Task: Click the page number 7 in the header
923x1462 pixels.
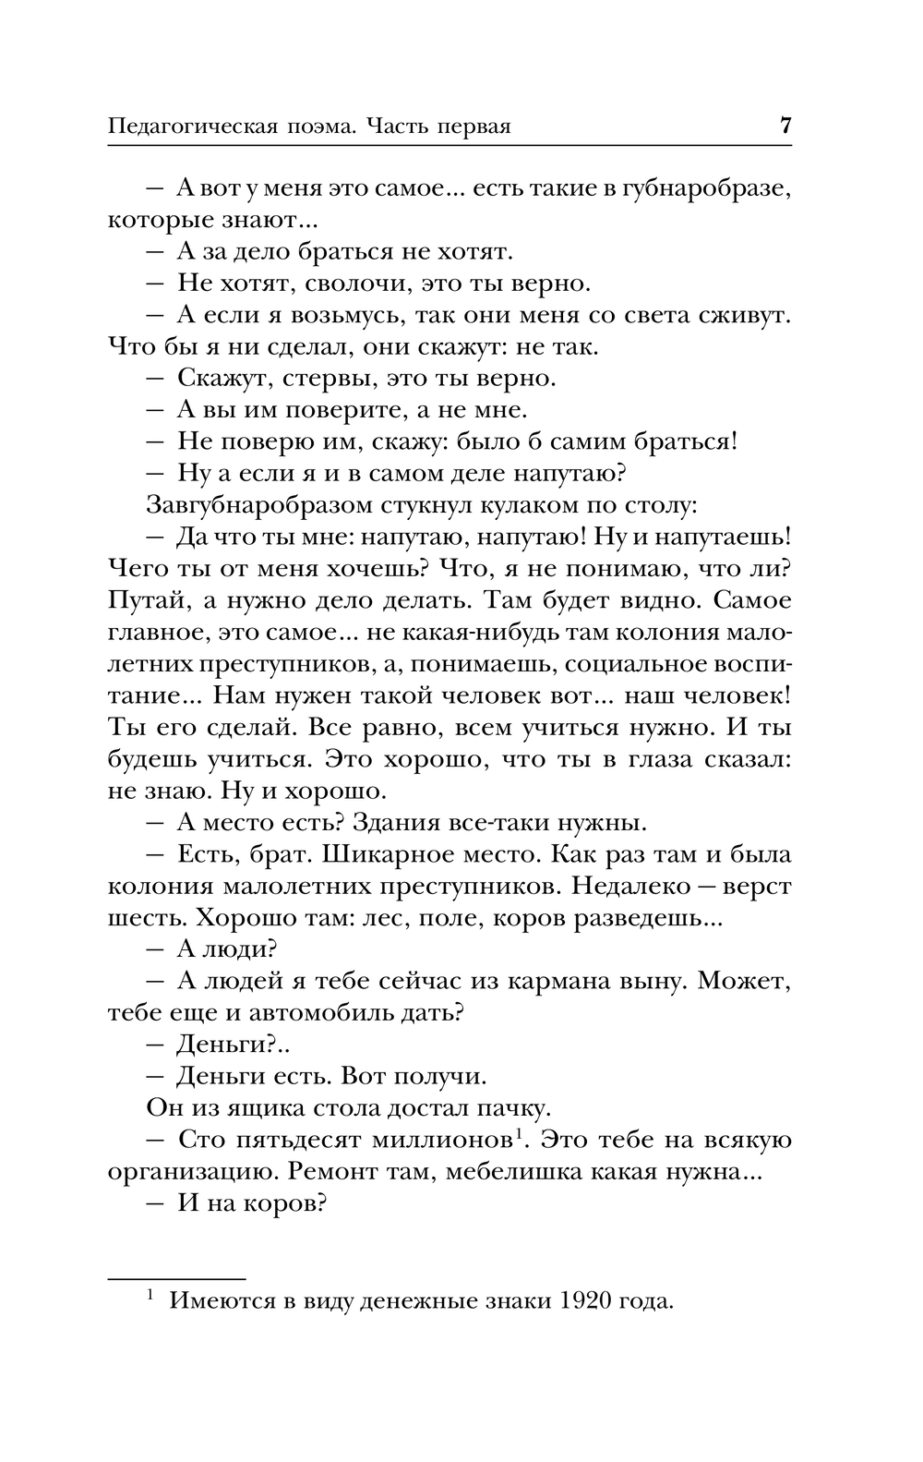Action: point(785,126)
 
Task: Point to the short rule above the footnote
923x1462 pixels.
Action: point(177,1279)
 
